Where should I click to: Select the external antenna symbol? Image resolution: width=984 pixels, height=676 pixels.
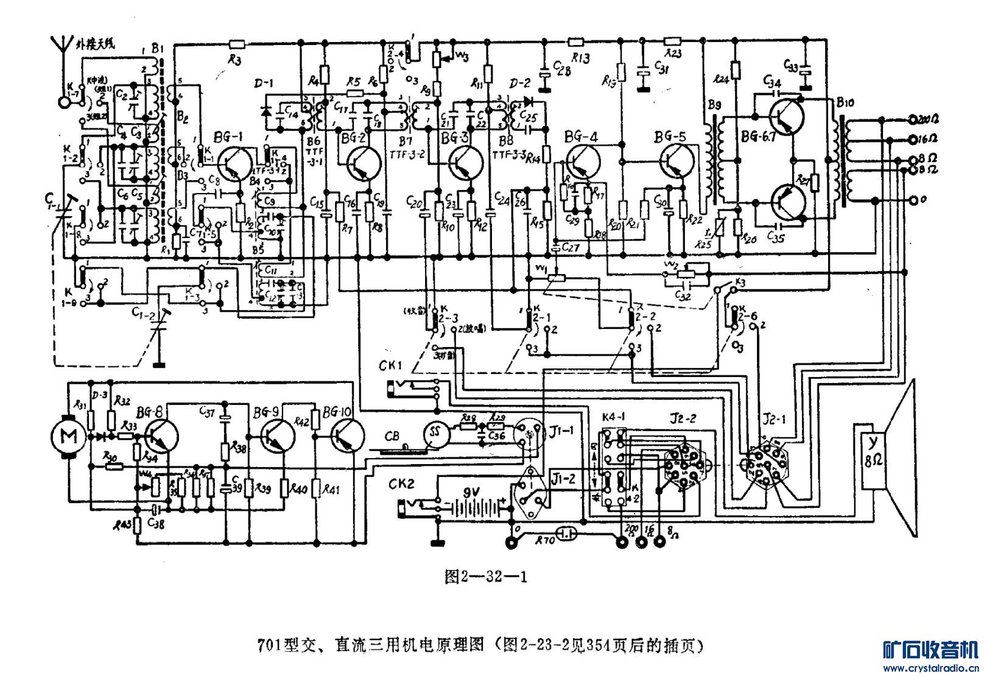[x=61, y=46]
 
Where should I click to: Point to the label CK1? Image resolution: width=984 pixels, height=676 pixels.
[x=390, y=366]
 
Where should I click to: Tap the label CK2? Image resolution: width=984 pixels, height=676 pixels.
[x=401, y=485]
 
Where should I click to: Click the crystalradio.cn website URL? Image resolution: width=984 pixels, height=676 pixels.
[x=931, y=668]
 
